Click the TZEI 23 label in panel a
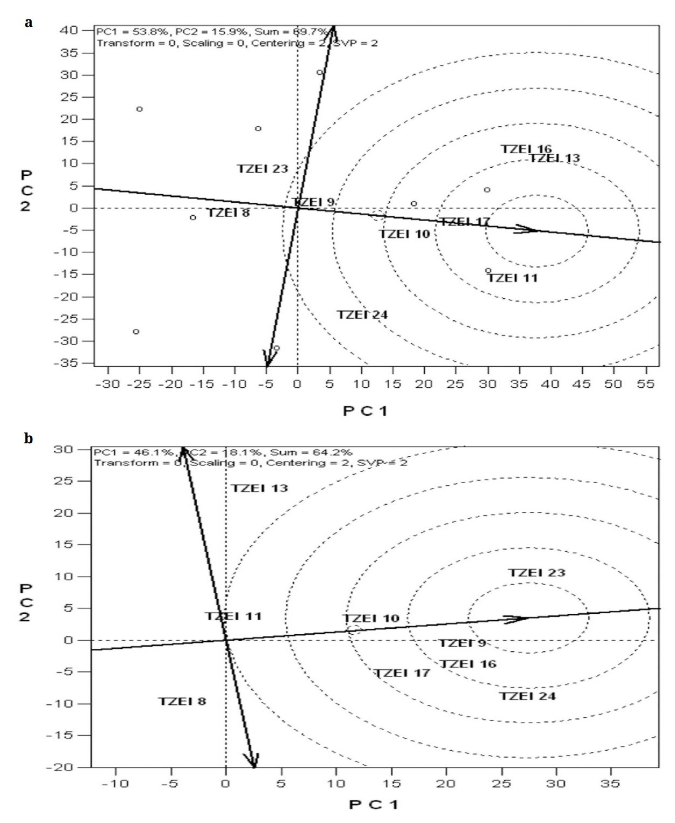point(263,169)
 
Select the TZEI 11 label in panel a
point(513,278)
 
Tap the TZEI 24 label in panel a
point(362,315)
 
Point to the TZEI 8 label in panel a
point(229,212)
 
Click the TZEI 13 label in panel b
point(260,489)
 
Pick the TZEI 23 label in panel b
point(537,573)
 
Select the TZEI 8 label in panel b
point(182,702)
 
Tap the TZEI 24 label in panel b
point(527,696)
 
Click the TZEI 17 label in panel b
point(402,673)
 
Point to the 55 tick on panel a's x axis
point(645,383)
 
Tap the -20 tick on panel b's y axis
point(68,767)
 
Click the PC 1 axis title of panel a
point(365,412)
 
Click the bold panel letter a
point(28,23)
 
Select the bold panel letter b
point(29,438)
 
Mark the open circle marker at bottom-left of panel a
point(136,332)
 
